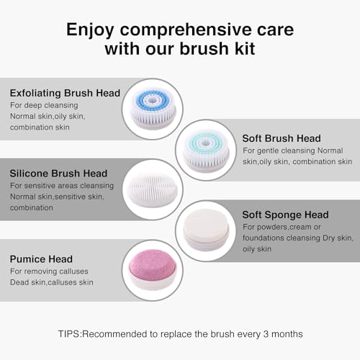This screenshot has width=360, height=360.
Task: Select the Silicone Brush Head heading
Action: (58, 174)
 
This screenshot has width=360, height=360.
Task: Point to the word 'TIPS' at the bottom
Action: (71, 334)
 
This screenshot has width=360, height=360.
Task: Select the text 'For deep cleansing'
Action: (45, 105)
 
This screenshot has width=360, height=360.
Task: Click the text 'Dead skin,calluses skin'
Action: (52, 282)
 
